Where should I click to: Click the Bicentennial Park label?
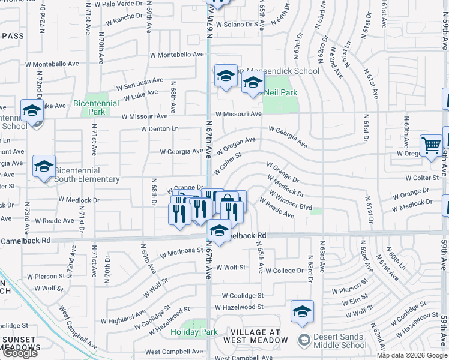tap(89, 107)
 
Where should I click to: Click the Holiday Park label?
tap(193, 332)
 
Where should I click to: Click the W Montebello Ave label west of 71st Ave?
tap(52, 64)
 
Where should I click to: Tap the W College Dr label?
tap(285, 271)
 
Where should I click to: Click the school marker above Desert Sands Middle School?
tap(302, 311)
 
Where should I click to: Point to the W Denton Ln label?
tap(160, 128)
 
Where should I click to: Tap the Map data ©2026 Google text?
tap(412, 355)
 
